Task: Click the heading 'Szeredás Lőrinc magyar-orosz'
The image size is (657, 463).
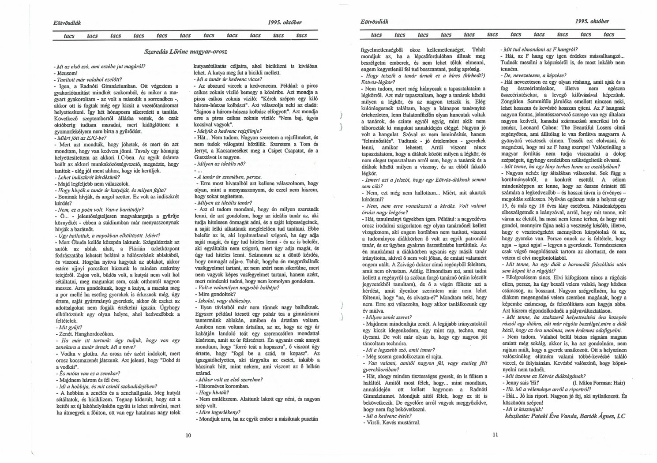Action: [186, 52]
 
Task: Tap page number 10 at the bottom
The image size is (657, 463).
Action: [188, 435]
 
